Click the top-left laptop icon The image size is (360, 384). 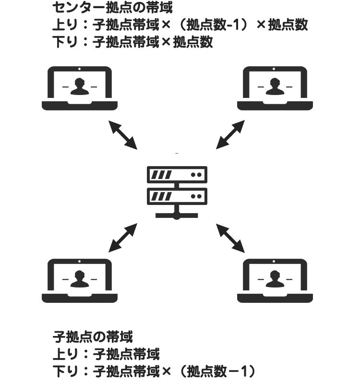[80, 88]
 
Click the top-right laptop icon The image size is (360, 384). [276, 88]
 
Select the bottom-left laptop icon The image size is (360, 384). [80, 281]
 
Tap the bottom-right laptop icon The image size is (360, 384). [276, 281]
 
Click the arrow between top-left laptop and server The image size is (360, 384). [123, 134]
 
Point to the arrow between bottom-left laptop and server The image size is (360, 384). [123, 237]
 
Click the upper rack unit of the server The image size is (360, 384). [177, 175]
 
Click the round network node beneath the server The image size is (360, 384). [177, 216]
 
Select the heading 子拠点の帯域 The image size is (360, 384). [92, 336]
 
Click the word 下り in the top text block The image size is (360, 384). [63, 42]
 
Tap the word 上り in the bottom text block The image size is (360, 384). [63, 355]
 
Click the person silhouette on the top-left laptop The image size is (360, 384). [80, 86]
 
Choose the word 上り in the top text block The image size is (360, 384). [63, 25]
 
